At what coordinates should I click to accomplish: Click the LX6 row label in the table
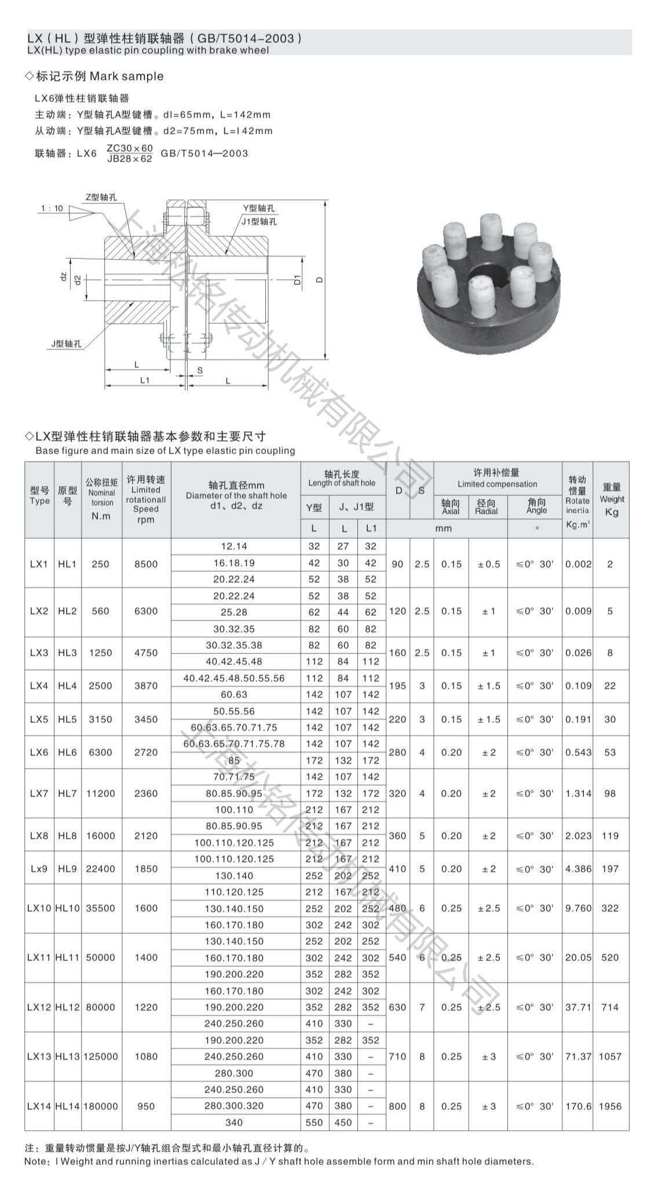(39, 752)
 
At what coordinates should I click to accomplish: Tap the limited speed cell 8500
(146, 564)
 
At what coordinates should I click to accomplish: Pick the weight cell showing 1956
(610, 1106)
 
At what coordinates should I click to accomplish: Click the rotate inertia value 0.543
(578, 752)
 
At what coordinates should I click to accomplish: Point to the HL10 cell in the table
(68, 908)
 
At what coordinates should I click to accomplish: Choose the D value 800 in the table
(397, 1106)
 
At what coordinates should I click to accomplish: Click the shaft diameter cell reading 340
(234, 1122)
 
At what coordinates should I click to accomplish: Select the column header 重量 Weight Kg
(612, 499)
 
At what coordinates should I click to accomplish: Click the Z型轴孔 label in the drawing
(101, 197)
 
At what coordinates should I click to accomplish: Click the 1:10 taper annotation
(52, 209)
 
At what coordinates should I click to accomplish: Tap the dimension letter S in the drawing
(200, 370)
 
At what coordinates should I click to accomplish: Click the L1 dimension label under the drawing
(145, 380)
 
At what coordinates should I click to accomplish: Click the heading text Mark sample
(126, 76)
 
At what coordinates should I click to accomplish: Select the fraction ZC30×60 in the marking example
(130, 148)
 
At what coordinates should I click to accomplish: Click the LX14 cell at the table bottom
(39, 1106)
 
